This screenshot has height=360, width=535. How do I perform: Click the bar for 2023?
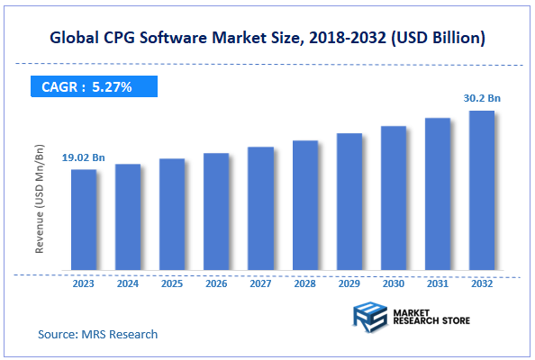pos(84,220)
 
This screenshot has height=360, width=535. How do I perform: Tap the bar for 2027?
pos(260,208)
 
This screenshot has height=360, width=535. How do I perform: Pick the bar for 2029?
pos(349,202)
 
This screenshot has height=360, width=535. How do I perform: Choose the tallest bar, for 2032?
pos(482,190)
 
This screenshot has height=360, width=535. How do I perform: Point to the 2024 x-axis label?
pos(128,283)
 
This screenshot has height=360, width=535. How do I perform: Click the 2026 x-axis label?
pos(216,283)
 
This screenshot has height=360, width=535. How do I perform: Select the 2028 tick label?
pos(304,283)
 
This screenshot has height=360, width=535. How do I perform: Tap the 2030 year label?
pos(393,283)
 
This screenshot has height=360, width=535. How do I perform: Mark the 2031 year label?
pos(438,283)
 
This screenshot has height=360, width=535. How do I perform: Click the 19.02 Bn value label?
pos(84,158)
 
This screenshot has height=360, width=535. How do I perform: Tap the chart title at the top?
pos(267,38)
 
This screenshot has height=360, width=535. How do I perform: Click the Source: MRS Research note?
pos(97,334)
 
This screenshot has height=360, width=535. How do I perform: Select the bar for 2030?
pos(393,197)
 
